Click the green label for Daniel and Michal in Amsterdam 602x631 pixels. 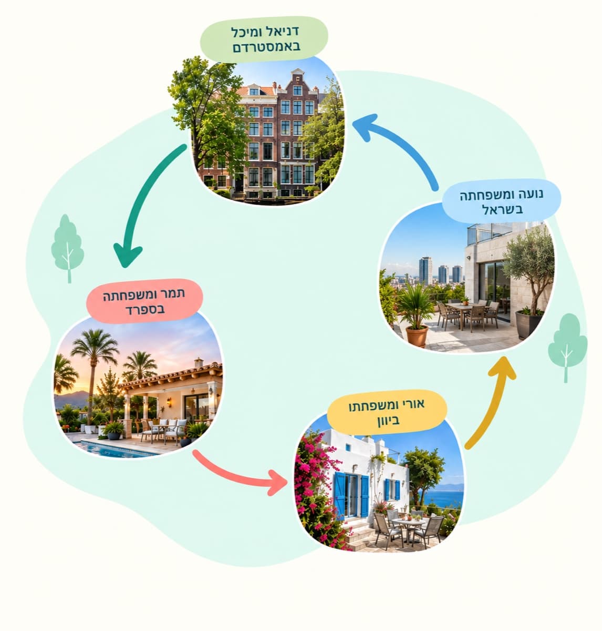tap(264, 39)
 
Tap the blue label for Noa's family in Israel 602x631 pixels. tap(501, 201)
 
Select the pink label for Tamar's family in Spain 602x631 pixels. tap(144, 301)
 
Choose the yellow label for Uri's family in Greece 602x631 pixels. tap(387, 412)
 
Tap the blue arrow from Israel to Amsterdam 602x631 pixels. tap(402, 140)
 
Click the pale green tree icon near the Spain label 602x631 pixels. tap(68, 248)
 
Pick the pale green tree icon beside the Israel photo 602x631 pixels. tap(567, 348)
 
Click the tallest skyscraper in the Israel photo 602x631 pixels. tap(425, 271)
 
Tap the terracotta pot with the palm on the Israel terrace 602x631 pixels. tap(417, 335)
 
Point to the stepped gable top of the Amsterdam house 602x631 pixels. tap(297, 77)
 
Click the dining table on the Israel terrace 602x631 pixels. tap(464, 308)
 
